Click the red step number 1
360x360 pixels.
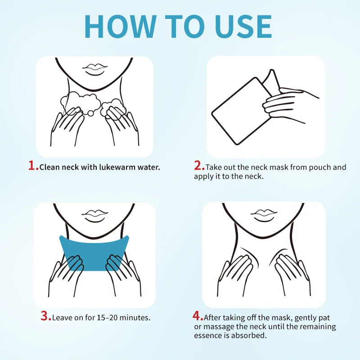point(32,166)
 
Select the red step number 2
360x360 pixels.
point(198,166)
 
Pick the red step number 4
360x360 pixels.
point(198,316)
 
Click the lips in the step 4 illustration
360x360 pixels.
point(264,215)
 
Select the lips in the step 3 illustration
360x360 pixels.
point(94,215)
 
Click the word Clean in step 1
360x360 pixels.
point(49,167)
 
